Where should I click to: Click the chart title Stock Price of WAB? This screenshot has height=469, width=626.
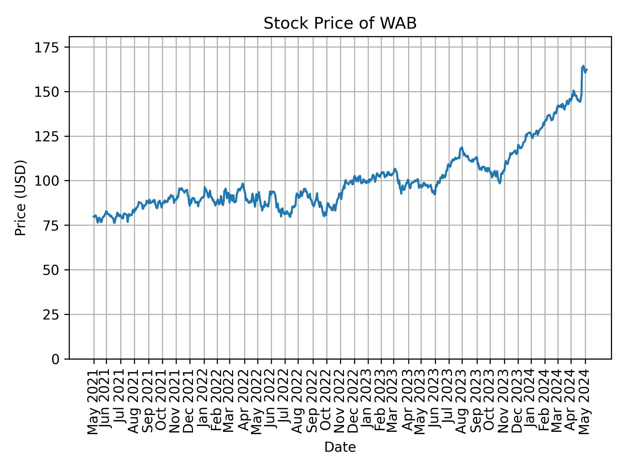(x=340, y=24)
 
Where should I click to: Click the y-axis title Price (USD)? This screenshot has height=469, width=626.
(x=21, y=198)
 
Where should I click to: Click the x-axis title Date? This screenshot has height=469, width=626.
(x=340, y=448)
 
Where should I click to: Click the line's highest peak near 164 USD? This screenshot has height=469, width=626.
(x=583, y=66)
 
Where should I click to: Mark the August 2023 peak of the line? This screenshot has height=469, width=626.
(x=461, y=148)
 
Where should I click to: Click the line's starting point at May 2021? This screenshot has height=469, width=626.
(x=94, y=217)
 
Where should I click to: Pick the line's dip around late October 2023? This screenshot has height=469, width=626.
(x=499, y=183)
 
